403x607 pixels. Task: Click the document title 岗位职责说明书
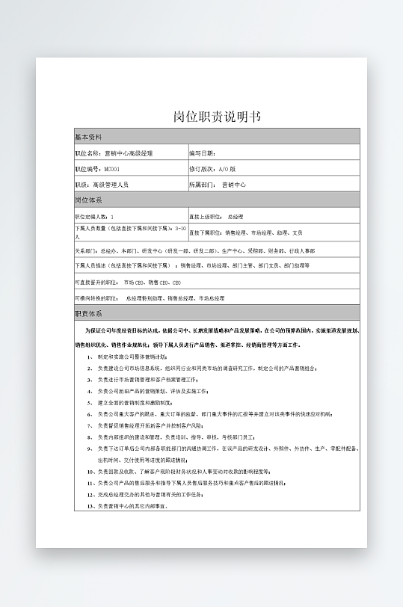217,117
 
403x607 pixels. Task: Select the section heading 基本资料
88,138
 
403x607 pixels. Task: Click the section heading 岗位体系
88,200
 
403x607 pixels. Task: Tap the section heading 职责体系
88,314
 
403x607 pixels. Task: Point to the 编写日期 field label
202,153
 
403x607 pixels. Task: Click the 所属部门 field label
203,184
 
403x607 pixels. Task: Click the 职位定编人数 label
90,216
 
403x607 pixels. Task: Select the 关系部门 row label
86,250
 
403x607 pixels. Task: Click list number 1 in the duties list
90,357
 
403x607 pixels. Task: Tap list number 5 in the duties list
90,402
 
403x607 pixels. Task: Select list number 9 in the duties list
90,449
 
